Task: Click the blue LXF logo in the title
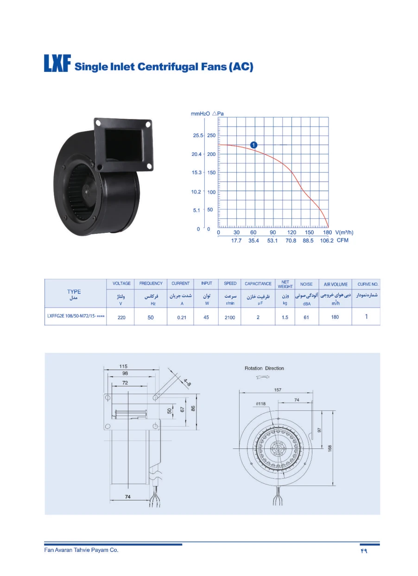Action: [x=57, y=63]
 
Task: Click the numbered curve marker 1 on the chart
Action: [x=253, y=145]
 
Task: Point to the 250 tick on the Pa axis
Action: [x=211, y=135]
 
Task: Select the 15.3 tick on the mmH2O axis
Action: [x=196, y=172]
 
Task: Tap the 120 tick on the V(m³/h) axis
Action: [x=291, y=232]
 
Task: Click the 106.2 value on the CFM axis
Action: [x=327, y=240]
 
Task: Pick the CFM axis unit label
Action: [x=342, y=240]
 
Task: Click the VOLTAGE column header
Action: [x=121, y=283]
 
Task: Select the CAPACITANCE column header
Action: [x=258, y=284]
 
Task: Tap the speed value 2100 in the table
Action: [x=230, y=318]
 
